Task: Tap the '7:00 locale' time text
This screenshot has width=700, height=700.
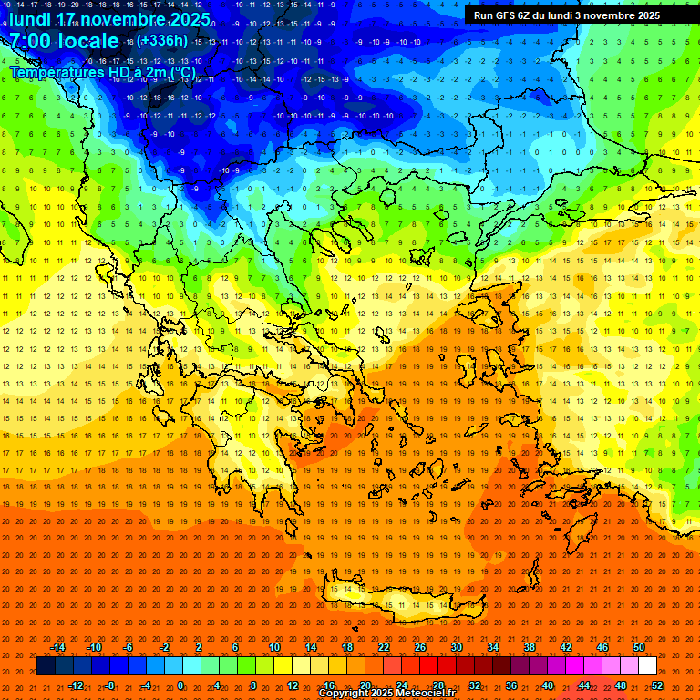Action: tap(64, 41)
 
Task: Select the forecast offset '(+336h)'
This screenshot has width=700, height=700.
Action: tap(163, 40)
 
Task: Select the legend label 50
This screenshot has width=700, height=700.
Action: tap(639, 647)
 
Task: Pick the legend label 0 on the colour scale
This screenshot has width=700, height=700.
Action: tap(180, 685)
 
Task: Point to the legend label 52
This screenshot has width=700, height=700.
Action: tap(657, 685)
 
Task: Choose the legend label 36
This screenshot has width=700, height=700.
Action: tap(511, 685)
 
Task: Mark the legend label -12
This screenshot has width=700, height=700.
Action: tap(76, 685)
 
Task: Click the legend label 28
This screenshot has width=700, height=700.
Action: tap(438, 685)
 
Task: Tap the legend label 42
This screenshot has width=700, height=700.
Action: tap(566, 647)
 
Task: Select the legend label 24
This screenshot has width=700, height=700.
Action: tap(402, 685)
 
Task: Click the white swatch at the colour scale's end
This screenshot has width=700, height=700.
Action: tap(648, 665)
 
